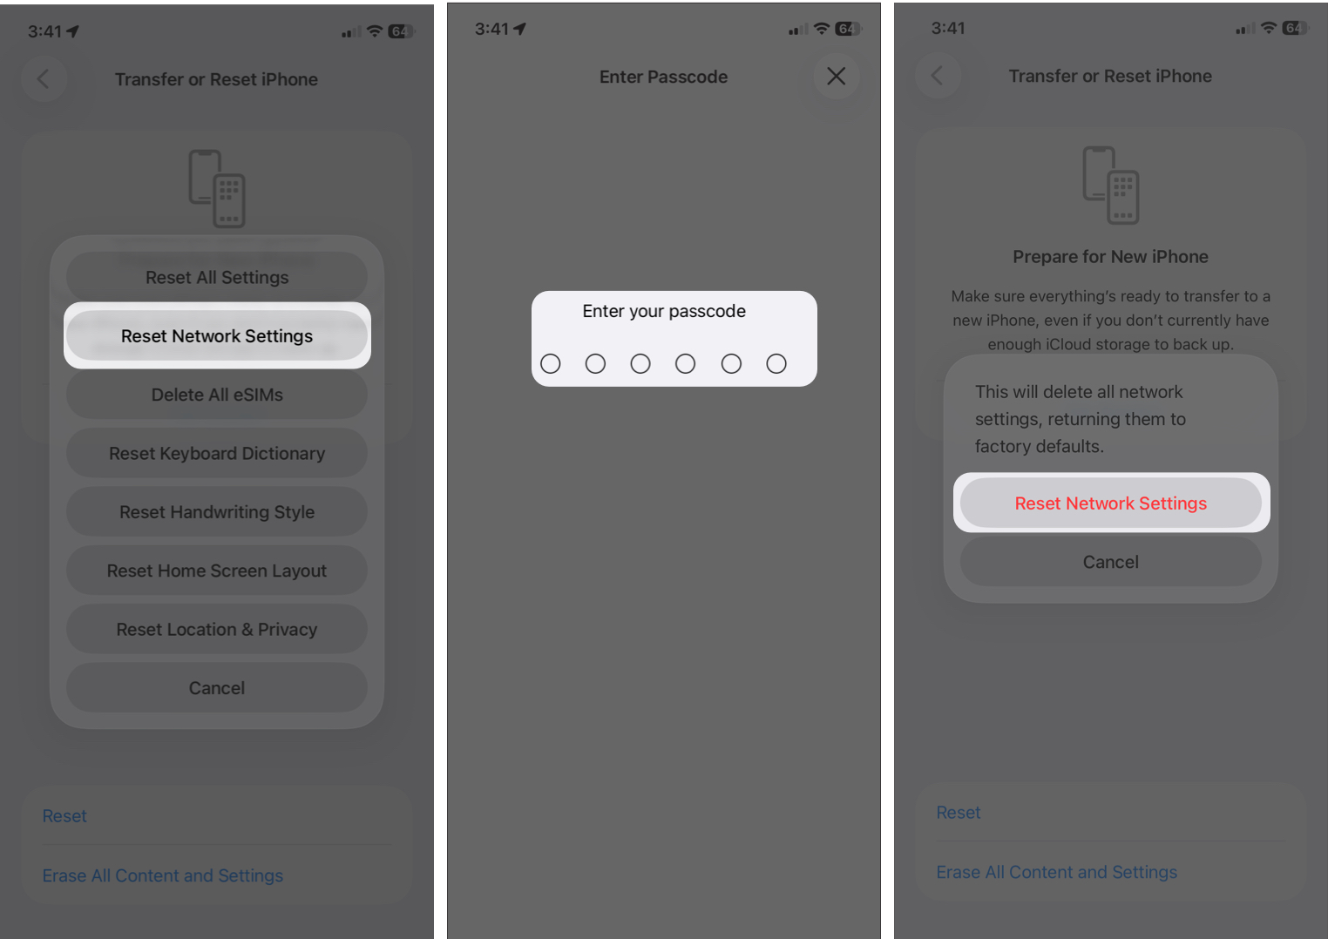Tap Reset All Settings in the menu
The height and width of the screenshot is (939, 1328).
(217, 277)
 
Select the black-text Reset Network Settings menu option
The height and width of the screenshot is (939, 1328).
(217, 336)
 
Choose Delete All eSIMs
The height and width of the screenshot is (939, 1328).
(217, 395)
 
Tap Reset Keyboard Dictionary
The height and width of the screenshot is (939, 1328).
(217, 454)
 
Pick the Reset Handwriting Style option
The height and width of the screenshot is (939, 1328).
(217, 512)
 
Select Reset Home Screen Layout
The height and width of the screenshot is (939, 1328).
(217, 571)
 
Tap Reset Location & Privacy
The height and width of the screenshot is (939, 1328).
(217, 630)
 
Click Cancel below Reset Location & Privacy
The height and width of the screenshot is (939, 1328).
(217, 688)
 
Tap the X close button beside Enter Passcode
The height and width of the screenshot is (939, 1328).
(836, 77)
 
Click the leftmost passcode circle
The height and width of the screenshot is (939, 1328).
(551, 363)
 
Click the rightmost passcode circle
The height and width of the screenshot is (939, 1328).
(776, 363)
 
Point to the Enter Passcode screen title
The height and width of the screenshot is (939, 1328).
(663, 77)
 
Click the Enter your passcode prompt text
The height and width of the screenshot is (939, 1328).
(664, 311)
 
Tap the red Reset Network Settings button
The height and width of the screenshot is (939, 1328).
(1110, 503)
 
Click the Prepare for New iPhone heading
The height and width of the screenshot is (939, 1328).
(1110, 257)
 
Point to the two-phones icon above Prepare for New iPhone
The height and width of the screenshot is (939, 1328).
(1110, 185)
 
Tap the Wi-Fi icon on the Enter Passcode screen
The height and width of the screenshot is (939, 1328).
(821, 29)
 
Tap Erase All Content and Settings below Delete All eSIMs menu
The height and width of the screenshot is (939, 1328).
(163, 875)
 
